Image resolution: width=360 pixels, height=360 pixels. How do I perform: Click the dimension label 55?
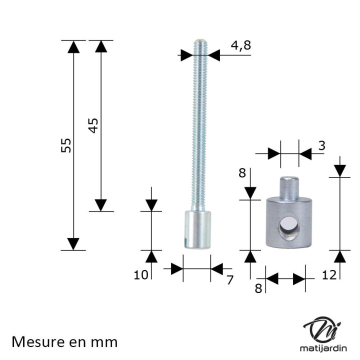click(66, 145)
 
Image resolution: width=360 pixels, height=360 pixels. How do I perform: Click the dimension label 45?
click(93, 125)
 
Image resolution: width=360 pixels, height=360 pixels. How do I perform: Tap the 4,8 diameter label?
click(241, 45)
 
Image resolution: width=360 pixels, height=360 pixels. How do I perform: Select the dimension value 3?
click(322, 145)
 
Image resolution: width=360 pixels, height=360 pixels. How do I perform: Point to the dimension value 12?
click(329, 275)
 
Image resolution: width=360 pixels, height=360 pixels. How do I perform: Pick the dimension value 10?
click(141, 275)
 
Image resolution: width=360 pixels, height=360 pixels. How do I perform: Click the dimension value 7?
click(230, 279)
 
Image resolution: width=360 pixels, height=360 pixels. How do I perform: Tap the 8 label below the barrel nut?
click(258, 288)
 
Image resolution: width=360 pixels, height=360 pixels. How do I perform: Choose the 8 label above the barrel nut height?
click(242, 173)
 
